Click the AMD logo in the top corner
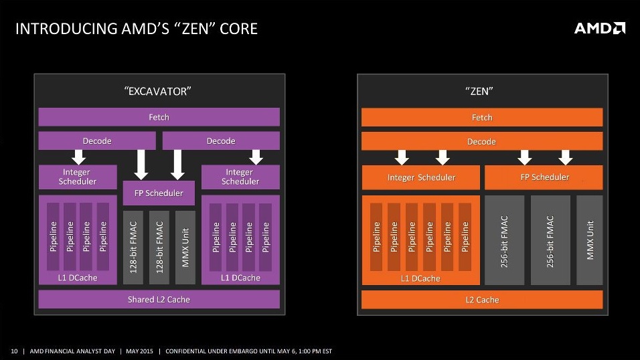[600, 28]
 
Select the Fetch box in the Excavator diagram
[159, 117]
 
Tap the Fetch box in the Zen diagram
[482, 117]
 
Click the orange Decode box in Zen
[482, 141]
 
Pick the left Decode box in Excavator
[97, 141]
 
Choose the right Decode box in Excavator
[221, 141]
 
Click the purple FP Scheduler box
[159, 193]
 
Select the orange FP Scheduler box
[544, 177]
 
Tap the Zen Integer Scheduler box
[421, 177]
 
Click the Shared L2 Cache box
[159, 299]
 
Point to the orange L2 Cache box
[482, 299]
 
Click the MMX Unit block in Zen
[590, 241]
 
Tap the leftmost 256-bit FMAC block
[504, 241]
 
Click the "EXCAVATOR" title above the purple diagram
[159, 91]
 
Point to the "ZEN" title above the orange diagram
[482, 91]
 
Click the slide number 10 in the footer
[13, 351]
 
